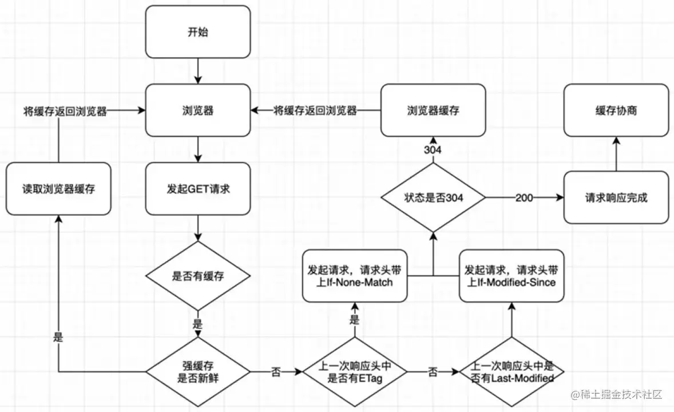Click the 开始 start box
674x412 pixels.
coord(198,32)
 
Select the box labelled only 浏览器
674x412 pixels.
coord(198,110)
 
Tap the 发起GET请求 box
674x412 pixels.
coord(198,189)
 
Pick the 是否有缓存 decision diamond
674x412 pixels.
coord(198,276)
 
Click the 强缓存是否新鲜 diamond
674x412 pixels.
coord(198,371)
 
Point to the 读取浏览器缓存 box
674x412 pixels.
coord(58,189)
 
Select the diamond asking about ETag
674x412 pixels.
coord(355,371)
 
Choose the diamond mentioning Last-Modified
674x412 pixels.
coord(512,371)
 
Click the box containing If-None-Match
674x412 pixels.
coord(355,276)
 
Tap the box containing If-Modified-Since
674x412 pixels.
coord(512,276)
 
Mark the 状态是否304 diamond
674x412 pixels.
coord(433,197)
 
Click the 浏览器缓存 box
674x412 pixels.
coord(433,110)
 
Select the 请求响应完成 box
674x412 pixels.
coord(616,197)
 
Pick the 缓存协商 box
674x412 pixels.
coord(616,110)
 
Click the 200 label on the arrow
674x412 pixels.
coord(524,198)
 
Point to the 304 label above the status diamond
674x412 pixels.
coord(433,150)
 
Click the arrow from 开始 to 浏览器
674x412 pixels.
coord(198,71)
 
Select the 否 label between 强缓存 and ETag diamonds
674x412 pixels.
coord(276,371)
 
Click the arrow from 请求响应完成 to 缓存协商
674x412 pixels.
coord(616,154)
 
